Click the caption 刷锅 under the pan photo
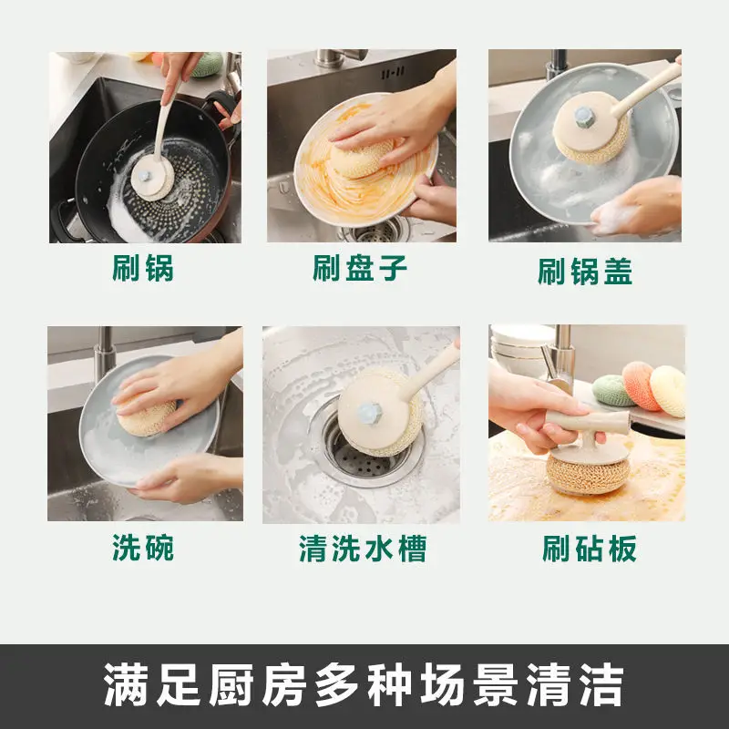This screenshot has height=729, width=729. pos(143,268)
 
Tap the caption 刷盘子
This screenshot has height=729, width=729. pos(360,268)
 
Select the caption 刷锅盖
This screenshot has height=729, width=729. pos(585,272)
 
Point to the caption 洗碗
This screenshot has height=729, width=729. pos(143,548)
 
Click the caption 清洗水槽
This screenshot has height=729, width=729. pos(363,549)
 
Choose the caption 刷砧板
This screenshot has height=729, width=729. pos(589,549)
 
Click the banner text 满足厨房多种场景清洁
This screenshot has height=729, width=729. pos(364,685)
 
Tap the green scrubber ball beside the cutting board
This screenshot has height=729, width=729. pos(613,390)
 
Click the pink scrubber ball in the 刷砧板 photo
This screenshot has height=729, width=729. pos(641,385)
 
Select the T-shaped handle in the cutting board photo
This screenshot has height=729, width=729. pos(587,426)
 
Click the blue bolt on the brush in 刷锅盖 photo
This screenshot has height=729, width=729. pos(585,118)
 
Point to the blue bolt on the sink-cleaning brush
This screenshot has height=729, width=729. pos(370,414)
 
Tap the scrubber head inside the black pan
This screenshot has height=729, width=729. pos(152,178)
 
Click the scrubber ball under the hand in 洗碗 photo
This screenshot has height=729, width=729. pos(145,418)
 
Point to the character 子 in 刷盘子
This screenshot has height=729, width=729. pos(393,268)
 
